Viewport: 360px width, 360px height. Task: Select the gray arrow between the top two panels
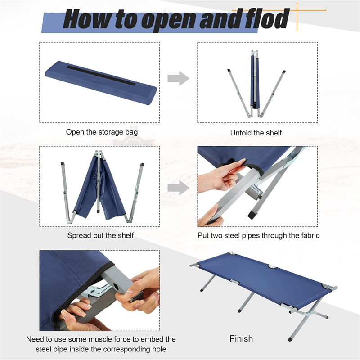click(178, 78)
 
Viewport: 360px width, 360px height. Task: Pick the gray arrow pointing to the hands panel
click(178, 188)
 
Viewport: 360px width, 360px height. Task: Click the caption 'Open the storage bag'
click(102, 132)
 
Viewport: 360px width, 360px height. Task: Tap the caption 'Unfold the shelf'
click(256, 133)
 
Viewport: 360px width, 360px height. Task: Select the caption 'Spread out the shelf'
click(100, 235)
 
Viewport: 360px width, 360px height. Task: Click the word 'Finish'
click(241, 339)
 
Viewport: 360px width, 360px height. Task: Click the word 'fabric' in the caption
click(308, 235)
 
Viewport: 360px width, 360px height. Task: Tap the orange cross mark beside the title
click(297, 10)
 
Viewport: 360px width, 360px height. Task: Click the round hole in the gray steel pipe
click(115, 287)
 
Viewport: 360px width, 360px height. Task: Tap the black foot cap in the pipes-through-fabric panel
click(252, 215)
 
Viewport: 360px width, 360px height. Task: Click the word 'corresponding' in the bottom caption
click(121, 349)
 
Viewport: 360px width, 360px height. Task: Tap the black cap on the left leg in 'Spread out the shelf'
click(62, 164)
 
